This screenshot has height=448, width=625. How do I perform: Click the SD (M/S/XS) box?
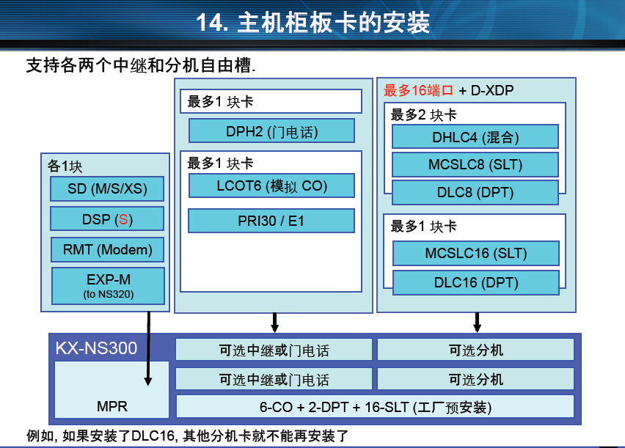[107, 188]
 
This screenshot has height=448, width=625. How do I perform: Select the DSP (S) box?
[107, 219]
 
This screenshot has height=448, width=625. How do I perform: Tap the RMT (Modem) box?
[107, 249]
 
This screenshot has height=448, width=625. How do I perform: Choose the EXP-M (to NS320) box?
[107, 285]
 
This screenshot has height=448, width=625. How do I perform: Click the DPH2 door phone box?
[271, 132]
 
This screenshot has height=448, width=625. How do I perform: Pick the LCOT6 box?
[271, 186]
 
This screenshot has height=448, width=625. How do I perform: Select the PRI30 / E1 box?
[271, 221]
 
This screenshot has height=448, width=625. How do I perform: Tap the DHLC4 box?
[475, 136]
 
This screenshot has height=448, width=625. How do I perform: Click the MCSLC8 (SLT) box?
[475, 164]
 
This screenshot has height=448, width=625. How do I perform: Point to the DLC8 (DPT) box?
[475, 193]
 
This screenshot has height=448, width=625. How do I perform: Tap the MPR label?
[112, 405]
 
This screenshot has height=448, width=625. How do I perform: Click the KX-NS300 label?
[96, 348]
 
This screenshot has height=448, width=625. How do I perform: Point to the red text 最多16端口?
[419, 91]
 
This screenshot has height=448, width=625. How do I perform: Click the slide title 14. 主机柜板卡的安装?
[312, 23]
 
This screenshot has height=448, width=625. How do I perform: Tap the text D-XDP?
[492, 91]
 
